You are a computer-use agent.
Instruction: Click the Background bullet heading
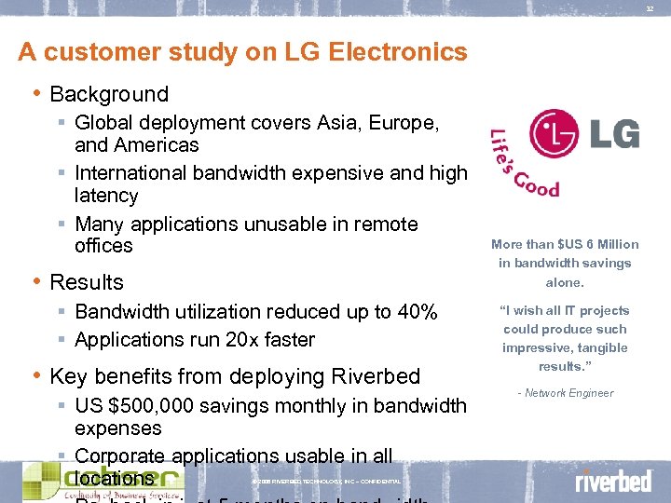point(109,94)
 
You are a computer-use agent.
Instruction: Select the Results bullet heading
point(87,282)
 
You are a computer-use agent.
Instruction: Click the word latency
point(106,196)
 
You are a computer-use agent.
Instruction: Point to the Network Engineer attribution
point(566,393)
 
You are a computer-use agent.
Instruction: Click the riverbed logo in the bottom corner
point(612,481)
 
